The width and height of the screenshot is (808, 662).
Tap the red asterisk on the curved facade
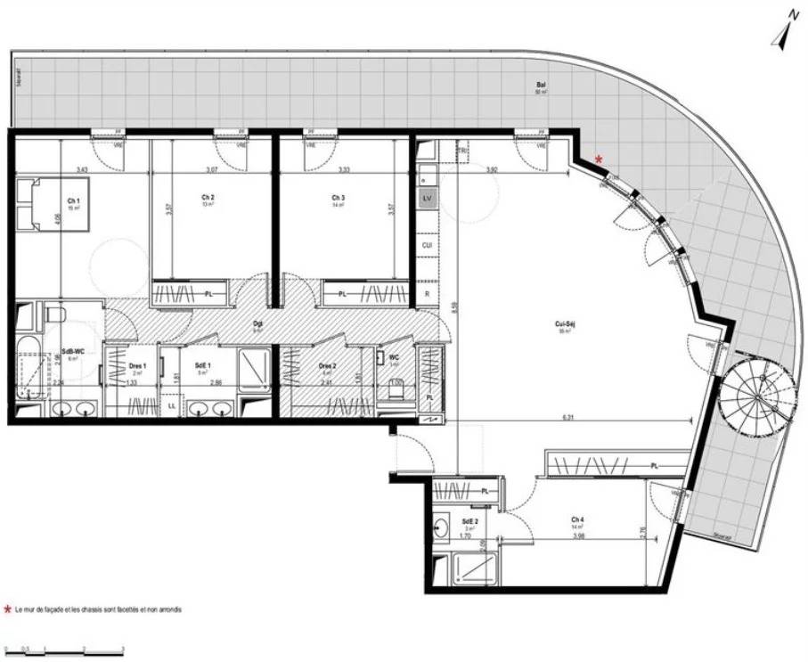(599, 159)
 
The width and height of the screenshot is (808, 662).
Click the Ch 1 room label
(73, 200)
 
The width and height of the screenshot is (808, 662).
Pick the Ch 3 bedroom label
(338, 197)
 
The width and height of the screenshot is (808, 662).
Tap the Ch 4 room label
(577, 519)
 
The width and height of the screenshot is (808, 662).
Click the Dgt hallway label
(258, 323)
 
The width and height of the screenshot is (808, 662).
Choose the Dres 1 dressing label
(137, 364)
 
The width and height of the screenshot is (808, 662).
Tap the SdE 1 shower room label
(201, 364)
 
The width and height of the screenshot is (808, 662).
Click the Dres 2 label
(327, 364)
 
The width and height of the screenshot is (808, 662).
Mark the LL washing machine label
(171, 406)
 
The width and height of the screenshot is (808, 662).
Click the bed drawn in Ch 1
(53, 205)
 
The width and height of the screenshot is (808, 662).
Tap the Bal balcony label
(540, 86)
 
